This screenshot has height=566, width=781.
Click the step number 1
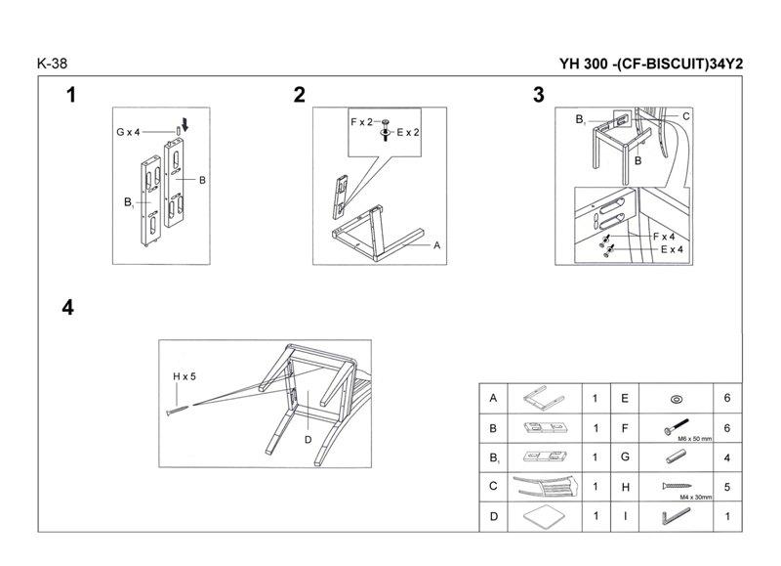coord(71,95)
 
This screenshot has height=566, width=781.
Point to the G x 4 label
coord(128,131)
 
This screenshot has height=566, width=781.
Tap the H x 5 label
coord(185,374)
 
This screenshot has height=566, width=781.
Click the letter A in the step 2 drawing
coord(437,244)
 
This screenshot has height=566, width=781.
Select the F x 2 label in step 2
coord(362,121)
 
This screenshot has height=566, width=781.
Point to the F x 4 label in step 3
coord(665,237)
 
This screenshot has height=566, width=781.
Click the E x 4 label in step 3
coord(671,249)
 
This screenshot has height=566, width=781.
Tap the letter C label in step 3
coord(686,116)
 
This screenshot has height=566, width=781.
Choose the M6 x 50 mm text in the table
coord(680,439)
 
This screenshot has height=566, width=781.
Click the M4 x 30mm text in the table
coord(679,497)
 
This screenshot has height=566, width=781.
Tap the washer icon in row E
coord(676,399)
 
